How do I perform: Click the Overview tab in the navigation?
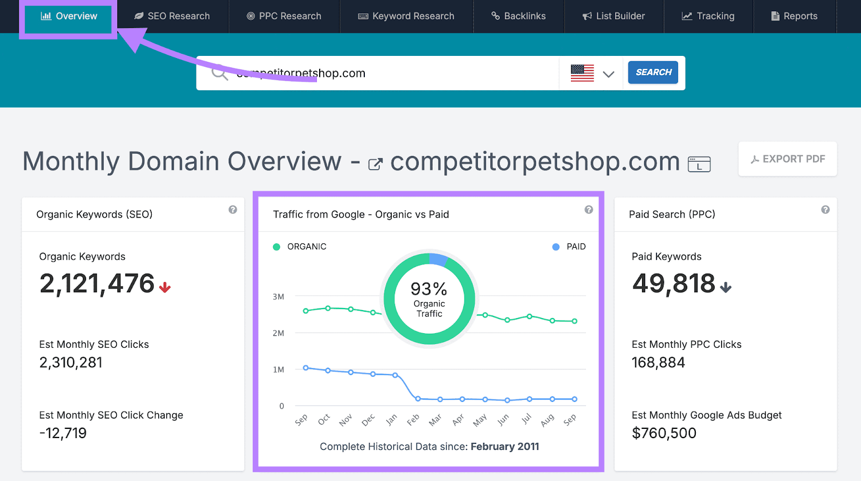(69, 16)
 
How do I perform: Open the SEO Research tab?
(172, 16)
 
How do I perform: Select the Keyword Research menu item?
(406, 16)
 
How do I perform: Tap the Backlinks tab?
(519, 16)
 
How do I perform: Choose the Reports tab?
(794, 16)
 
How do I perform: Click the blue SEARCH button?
(653, 72)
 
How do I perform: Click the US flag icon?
(582, 73)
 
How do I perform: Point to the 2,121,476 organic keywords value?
(97, 283)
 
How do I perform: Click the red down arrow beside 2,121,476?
(165, 288)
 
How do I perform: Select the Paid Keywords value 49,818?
(674, 283)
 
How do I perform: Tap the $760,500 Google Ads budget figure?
(664, 433)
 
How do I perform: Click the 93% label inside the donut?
(429, 289)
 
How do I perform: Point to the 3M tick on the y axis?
(278, 297)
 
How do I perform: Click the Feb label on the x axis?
(413, 420)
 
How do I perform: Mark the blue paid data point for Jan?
(396, 375)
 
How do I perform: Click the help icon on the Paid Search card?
(825, 210)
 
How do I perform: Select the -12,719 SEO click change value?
(63, 433)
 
